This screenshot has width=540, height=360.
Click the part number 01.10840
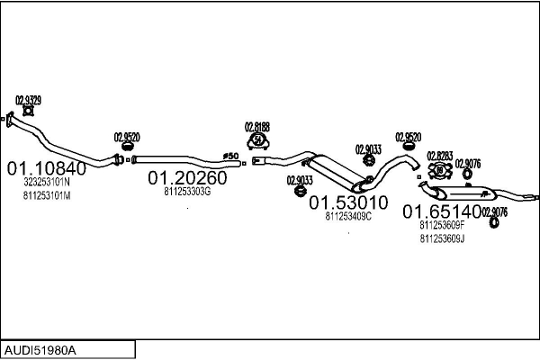(47, 168)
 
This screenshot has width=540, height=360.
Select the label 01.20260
(187, 177)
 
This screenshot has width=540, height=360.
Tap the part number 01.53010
(348, 202)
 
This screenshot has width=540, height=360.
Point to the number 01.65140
(441, 211)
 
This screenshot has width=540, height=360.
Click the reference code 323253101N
(47, 183)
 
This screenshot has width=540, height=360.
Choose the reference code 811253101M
(47, 195)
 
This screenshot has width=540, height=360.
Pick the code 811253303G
(187, 192)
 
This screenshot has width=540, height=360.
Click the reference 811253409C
(348, 216)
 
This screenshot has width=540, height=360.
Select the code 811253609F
(442, 225)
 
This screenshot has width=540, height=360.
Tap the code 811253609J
(442, 238)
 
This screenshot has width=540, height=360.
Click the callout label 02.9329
(28, 100)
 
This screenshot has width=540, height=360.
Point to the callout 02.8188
(257, 127)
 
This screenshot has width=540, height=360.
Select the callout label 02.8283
(439, 155)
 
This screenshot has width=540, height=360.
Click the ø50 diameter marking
(229, 157)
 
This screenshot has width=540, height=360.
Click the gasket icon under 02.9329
(28, 112)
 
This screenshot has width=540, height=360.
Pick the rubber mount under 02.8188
(258, 141)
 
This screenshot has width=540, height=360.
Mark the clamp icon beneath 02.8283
(441, 170)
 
